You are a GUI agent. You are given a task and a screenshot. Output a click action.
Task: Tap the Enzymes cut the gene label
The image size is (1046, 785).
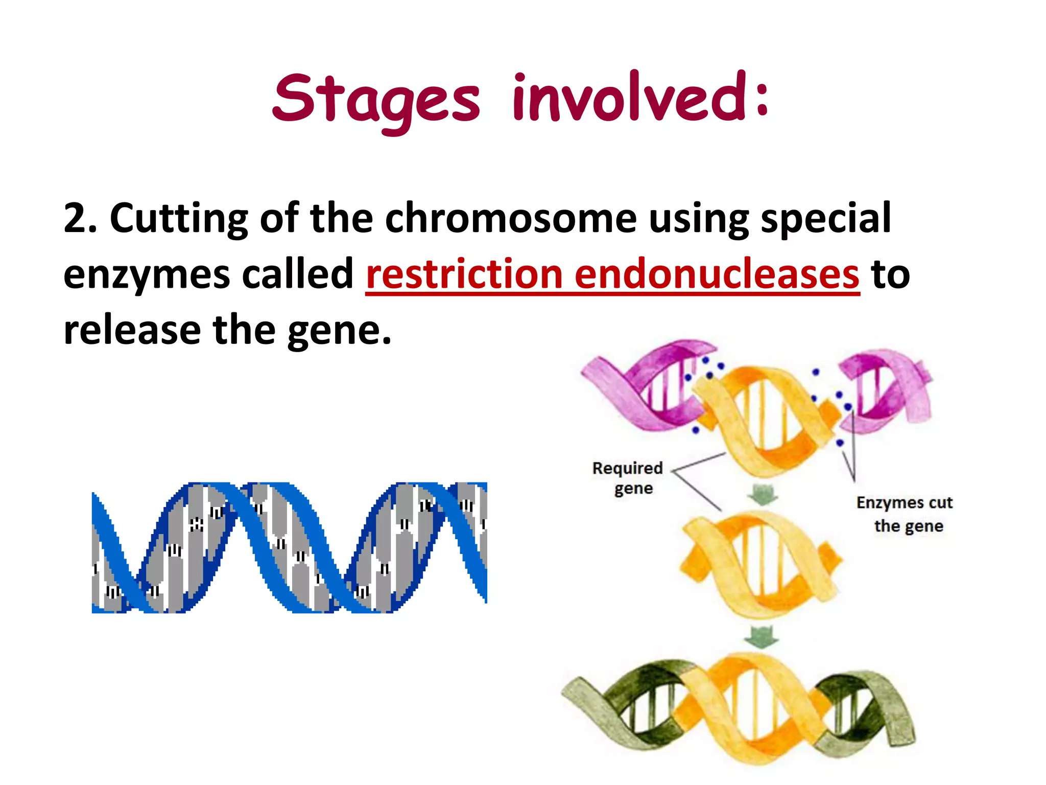pos(905,514)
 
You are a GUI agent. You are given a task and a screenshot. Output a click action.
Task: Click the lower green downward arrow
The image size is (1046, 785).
pos(761,637)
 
